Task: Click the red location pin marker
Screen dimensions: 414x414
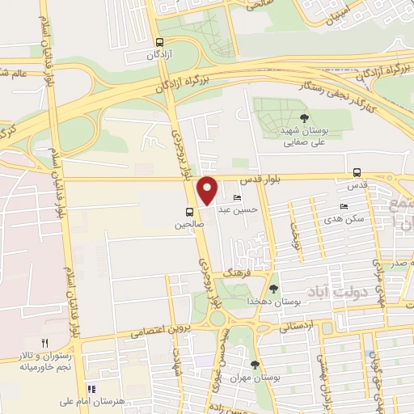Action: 209,190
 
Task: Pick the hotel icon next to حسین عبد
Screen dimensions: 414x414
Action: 238,198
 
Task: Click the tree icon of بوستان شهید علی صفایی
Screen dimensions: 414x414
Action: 304,118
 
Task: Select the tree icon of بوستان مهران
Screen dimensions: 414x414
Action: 256,365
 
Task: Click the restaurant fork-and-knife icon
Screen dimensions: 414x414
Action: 45,343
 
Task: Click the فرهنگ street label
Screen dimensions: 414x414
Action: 240,274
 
